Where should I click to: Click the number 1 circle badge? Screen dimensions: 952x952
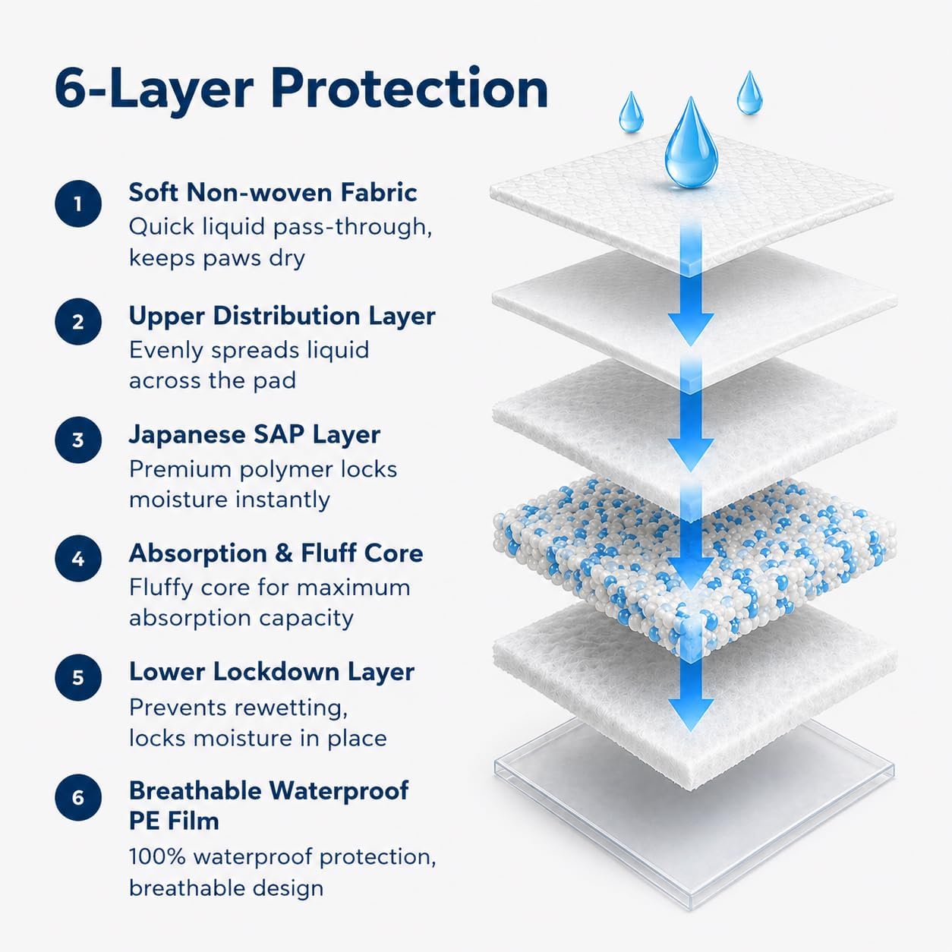pyautogui.click(x=78, y=203)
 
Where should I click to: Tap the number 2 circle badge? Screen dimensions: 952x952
pyautogui.click(x=78, y=322)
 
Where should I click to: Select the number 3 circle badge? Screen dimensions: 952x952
pyautogui.click(x=78, y=440)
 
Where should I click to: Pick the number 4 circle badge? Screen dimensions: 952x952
pyautogui.click(x=78, y=558)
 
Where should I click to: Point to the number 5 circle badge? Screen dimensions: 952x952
pyautogui.click(x=78, y=677)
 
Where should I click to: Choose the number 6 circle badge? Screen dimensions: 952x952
pyautogui.click(x=78, y=797)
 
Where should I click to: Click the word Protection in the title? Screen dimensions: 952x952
pyautogui.click(x=409, y=88)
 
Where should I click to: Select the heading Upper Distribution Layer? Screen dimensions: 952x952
pyautogui.click(x=282, y=316)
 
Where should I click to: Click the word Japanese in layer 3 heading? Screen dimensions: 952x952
pyautogui.click(x=187, y=435)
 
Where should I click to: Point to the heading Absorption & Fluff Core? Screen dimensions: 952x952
pyautogui.click(x=276, y=553)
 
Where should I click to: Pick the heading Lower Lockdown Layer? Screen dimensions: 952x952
pyautogui.click(x=272, y=672)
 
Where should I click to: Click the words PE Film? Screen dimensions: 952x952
pyautogui.click(x=174, y=821)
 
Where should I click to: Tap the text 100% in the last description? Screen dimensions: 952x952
pyautogui.click(x=158, y=856)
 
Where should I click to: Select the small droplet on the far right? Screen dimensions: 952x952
pyautogui.click(x=749, y=93)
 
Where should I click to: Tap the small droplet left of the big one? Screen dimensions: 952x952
pyautogui.click(x=632, y=112)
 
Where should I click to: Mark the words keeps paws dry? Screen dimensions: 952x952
pyautogui.click(x=217, y=258)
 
